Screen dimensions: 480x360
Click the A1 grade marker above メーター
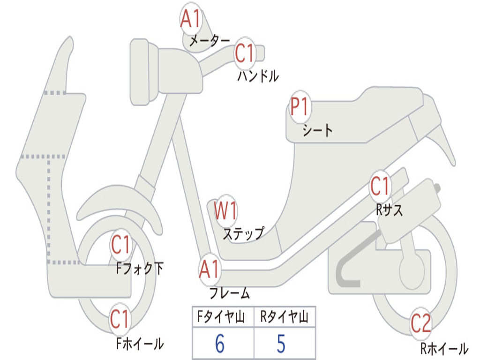191,18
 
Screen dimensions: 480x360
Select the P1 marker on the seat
300,106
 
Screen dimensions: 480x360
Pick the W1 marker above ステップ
225,210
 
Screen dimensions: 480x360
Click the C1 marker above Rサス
380,186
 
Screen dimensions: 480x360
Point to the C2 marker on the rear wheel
421,323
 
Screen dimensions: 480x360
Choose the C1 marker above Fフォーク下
120,245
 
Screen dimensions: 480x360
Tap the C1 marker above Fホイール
120,319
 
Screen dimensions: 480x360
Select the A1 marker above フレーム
210,270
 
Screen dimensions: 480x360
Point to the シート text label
317,130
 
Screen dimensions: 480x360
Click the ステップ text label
243,234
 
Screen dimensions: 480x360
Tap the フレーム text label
230,293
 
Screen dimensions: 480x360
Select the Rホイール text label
444,348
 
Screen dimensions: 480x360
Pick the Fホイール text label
140,344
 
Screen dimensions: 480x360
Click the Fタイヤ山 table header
221,316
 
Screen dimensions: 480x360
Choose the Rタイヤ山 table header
284,316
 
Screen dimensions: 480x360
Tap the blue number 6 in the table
220,343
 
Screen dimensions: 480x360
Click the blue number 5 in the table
281,343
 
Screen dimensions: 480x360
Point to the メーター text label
210,40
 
